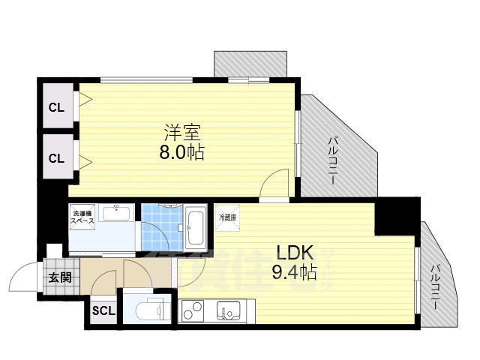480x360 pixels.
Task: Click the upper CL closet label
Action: tap(56, 107)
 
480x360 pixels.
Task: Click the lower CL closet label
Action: tap(56, 157)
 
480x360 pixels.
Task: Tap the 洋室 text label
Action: tap(183, 133)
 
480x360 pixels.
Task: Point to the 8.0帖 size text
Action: tap(183, 153)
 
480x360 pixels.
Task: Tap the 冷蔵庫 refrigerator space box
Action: tap(227, 217)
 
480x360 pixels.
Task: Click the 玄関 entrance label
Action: tap(60, 277)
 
